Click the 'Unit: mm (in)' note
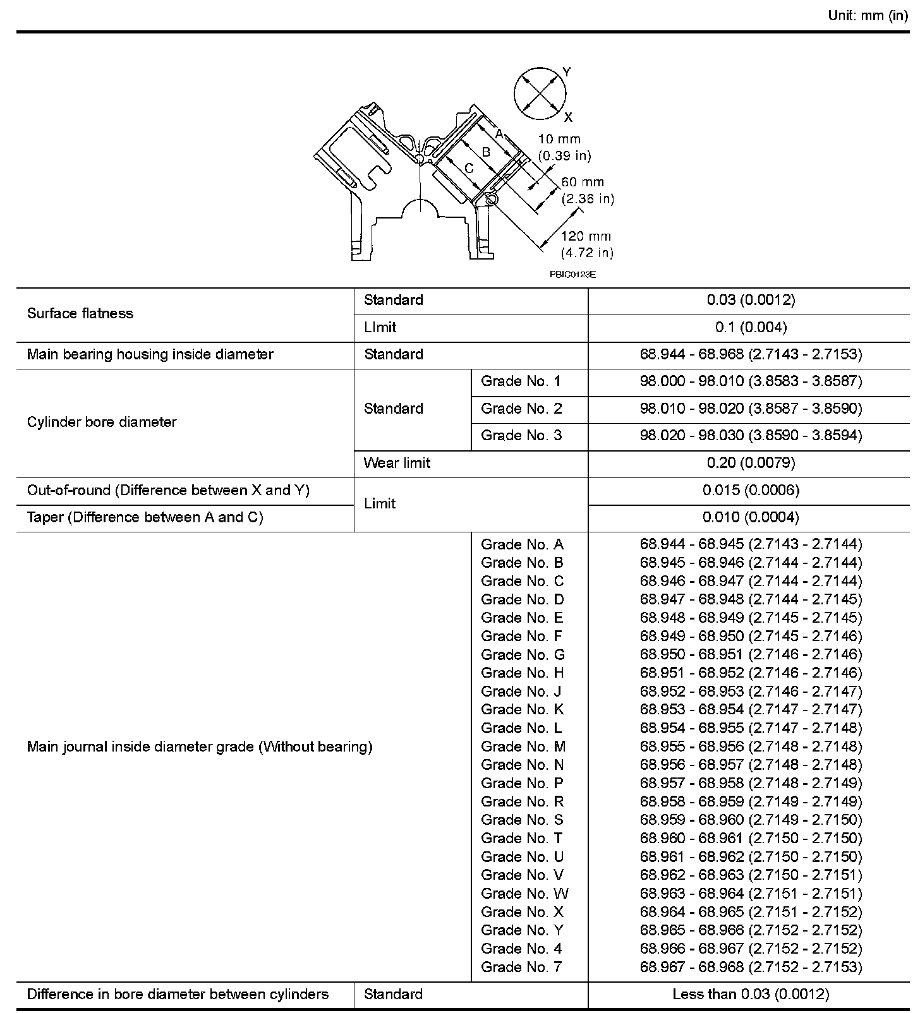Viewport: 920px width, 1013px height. tap(867, 16)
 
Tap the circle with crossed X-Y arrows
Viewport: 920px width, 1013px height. tap(539, 93)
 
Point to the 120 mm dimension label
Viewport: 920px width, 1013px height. tap(586, 244)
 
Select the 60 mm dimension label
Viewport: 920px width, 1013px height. tap(587, 190)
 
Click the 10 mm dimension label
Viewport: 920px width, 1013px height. tap(564, 147)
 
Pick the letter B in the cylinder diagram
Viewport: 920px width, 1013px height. tap(486, 152)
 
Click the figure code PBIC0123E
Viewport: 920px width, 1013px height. tap(572, 274)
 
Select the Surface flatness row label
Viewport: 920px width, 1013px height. tap(80, 314)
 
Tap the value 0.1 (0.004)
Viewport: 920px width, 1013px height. tap(751, 327)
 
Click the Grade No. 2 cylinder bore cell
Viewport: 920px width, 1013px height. tap(521, 409)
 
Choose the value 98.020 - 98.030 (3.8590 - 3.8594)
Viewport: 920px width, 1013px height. tap(751, 435)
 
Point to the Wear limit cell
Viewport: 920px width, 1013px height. tap(397, 463)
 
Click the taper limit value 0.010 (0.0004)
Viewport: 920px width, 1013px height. tap(751, 517)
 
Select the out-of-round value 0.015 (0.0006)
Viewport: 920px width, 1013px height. tap(751, 490)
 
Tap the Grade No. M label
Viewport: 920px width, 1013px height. tap(523, 746)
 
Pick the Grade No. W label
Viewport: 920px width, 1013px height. tap(524, 893)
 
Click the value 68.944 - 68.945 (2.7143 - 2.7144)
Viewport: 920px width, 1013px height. tap(751, 544)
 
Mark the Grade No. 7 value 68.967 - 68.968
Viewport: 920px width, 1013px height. tap(751, 967)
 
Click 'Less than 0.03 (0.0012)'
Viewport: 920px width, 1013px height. tap(751, 995)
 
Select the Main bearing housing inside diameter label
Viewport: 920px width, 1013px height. tap(150, 354)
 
